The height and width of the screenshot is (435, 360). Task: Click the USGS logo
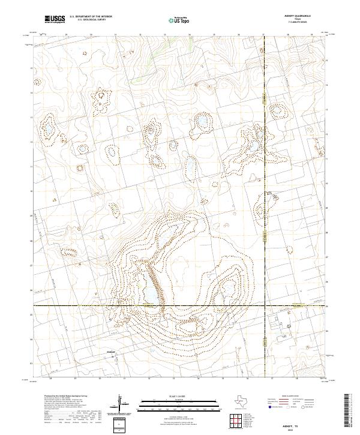coord(55,19)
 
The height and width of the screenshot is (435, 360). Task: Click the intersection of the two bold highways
coord(265,305)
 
